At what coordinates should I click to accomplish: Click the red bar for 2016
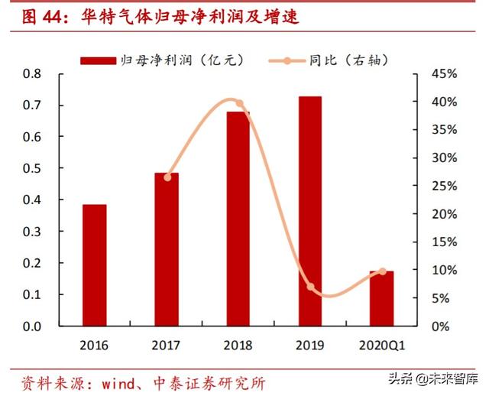coord(95,265)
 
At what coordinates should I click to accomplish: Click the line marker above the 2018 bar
coord(239,103)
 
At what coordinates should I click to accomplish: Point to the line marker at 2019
coord(311,287)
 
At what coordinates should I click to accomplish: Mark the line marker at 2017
coord(167,177)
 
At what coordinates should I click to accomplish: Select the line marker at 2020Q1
coord(382,271)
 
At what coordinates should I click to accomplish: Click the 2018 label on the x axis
coord(238,345)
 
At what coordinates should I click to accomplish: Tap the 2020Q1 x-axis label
coord(382,345)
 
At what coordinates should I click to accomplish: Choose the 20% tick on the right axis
coord(444,214)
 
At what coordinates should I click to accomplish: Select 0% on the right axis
coord(447,326)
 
